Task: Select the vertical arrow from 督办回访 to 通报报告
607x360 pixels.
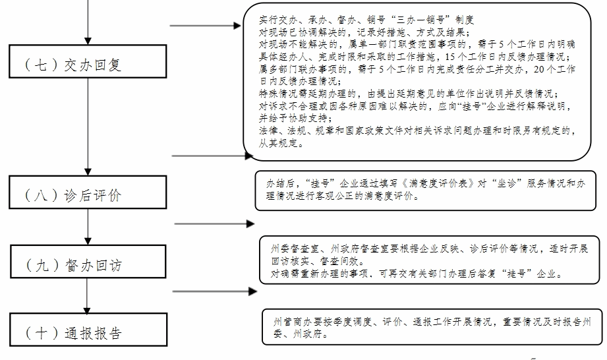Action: click(88, 297)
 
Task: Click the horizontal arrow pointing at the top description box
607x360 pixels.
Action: click(207, 26)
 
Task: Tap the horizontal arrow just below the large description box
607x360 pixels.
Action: click(212, 156)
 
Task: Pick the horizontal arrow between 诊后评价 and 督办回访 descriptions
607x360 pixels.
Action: click(214, 224)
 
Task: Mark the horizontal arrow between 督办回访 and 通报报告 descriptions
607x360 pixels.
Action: click(214, 290)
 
